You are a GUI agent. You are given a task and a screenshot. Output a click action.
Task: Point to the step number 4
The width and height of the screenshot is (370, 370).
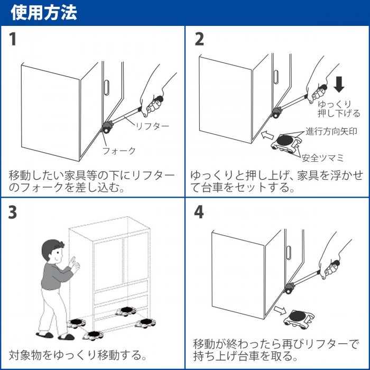(199, 212)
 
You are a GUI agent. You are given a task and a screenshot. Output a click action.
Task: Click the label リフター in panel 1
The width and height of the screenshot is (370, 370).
(152, 126)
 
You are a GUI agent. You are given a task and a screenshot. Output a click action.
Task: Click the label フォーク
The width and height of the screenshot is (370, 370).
(118, 151)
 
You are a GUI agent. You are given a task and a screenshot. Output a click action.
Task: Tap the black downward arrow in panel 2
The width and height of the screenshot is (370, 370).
(339, 84)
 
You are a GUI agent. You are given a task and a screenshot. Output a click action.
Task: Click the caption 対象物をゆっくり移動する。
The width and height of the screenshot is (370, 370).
(77, 354)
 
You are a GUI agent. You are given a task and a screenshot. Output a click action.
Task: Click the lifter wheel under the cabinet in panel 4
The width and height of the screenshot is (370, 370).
(290, 289)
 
